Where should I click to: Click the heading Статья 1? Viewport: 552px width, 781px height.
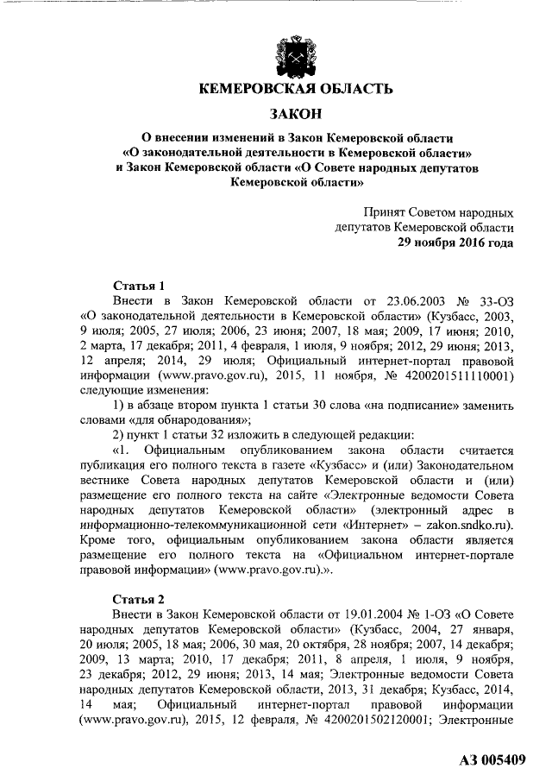coord(140,285)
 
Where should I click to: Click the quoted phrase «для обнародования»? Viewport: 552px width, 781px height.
coord(185,420)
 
